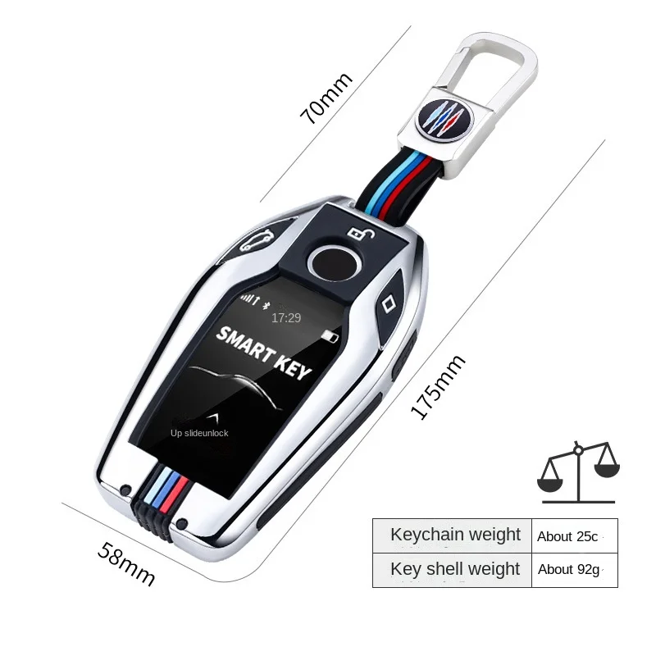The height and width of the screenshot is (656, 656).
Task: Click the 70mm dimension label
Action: pos(326,98)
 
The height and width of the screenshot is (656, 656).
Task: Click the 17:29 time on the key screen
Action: pos(286,317)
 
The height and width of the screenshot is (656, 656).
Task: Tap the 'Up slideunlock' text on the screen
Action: pos(199,433)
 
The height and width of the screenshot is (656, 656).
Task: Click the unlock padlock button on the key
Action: pos(354,232)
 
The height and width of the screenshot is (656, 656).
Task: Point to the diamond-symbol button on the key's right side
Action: pos(389,301)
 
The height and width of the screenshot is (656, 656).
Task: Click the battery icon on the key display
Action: pos(330,337)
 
